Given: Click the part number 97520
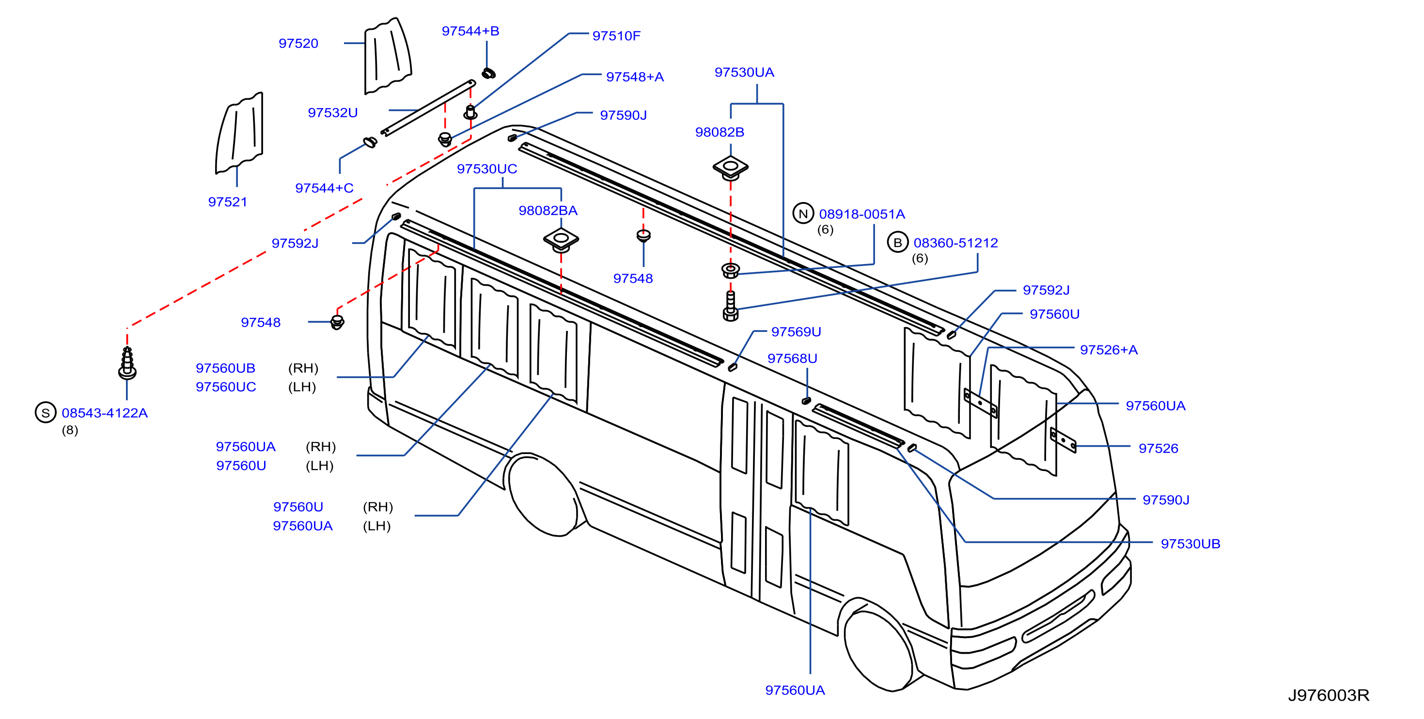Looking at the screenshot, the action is tap(298, 43).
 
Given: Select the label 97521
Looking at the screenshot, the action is tap(227, 202).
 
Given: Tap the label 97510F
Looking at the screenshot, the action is tap(616, 36).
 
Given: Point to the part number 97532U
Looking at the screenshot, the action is tap(332, 113).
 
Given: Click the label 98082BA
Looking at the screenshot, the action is tap(548, 211).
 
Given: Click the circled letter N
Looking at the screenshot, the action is tap(803, 213).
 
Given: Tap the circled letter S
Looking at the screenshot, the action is tap(46, 412).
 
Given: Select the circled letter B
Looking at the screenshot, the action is tap(897, 242).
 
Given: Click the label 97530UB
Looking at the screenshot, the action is tap(1189, 544).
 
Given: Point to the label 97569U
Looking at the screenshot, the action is tap(796, 331).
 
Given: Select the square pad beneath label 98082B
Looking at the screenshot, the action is tap(730, 168).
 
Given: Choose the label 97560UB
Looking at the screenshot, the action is tap(225, 368).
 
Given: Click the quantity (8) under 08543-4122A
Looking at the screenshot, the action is tap(70, 430).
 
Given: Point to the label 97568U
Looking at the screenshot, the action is tap(792, 359).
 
